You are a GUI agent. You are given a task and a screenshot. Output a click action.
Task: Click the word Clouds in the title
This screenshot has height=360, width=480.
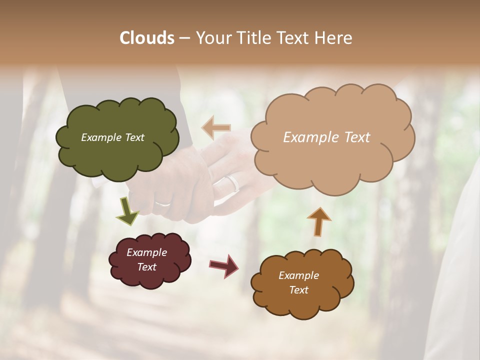point(146,38)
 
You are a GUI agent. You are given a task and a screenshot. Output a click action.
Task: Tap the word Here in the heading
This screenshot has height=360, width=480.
point(333,38)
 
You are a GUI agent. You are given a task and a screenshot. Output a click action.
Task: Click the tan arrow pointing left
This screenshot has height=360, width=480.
point(216,128)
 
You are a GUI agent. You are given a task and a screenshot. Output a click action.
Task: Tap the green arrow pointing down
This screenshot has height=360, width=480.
point(127,211)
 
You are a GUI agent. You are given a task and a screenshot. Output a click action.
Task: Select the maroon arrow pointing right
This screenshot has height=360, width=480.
point(223,265)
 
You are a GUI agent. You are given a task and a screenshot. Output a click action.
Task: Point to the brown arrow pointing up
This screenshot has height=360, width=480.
point(319,221)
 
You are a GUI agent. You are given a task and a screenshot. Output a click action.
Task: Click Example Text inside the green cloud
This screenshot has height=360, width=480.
point(112,137)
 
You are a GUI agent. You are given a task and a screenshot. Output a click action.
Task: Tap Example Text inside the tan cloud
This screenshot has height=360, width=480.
point(326,137)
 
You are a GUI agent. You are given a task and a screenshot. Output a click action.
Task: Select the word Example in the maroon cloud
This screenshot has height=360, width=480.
point(146,252)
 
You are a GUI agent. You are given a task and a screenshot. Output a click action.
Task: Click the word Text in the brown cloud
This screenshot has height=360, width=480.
point(298,290)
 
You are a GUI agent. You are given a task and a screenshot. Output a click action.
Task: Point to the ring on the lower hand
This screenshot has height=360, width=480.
point(162,203)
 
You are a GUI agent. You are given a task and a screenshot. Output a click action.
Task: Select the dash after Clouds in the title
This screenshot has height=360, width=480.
point(184,38)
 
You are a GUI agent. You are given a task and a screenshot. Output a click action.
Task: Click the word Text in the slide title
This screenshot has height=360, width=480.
point(291,38)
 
